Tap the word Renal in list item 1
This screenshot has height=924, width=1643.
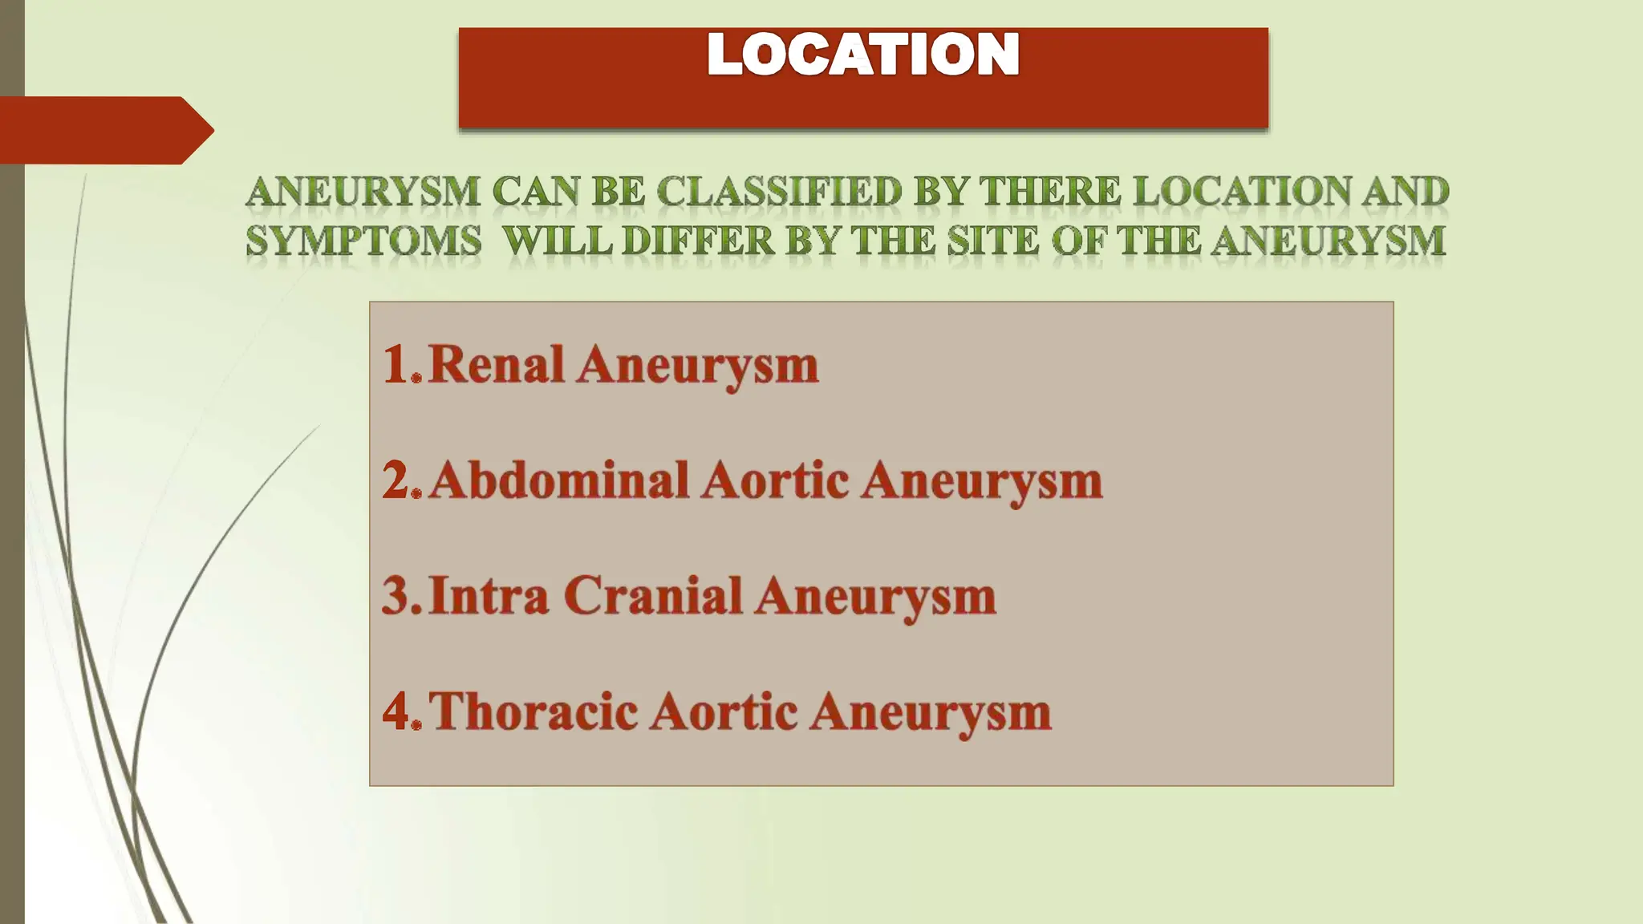(x=497, y=365)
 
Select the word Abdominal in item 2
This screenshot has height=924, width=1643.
(x=559, y=480)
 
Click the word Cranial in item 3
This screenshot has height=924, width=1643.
(x=653, y=596)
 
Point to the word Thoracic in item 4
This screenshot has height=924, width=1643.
(x=533, y=711)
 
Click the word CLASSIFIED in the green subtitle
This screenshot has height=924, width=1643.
(x=779, y=192)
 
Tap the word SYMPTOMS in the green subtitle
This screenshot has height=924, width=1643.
(x=363, y=241)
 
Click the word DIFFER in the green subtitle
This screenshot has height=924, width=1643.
(x=699, y=241)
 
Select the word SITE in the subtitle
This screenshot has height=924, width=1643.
(x=992, y=241)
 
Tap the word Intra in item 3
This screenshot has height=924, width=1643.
(x=489, y=596)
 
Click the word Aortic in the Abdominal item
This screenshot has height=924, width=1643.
(x=775, y=480)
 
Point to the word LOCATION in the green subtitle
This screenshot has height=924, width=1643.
(x=1243, y=192)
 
